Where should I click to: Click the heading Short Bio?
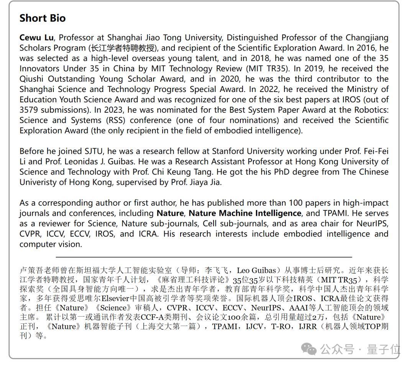[x=42, y=18]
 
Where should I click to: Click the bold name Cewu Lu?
[x=36, y=38]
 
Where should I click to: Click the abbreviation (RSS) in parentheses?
[x=117, y=120]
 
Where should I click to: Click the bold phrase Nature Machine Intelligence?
[x=245, y=213]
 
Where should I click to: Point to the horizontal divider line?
[x=204, y=257]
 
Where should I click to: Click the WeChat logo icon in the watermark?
[x=309, y=349]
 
